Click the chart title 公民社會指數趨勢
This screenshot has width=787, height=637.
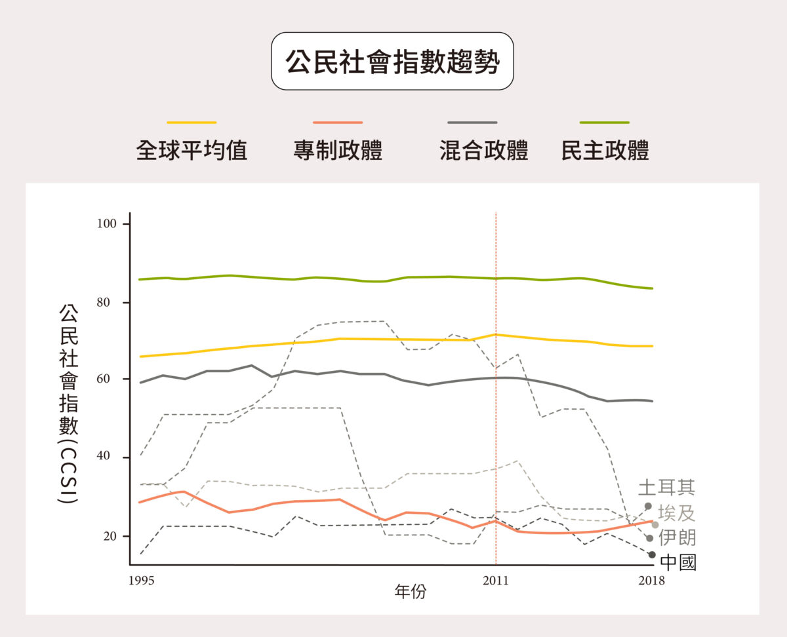pos(392,62)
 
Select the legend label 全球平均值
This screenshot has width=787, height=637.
pos(192,151)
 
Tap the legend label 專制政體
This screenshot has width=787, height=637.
pos(338,151)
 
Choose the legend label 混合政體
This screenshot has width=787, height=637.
pos(483,151)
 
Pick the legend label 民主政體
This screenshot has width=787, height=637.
pos(605,151)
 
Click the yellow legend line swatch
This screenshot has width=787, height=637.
pos(192,123)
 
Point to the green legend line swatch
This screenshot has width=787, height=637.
pos(605,123)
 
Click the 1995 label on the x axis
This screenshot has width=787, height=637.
pos(138,581)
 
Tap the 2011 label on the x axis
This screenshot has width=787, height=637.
pos(496,581)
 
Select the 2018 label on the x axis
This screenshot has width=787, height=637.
pos(651,581)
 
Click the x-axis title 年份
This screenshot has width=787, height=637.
pos(411,592)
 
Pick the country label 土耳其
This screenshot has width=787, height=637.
pos(666,488)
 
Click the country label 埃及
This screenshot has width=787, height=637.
pos(677,513)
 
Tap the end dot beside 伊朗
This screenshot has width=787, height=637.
pos(650,538)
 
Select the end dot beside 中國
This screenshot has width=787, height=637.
pos(652,555)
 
